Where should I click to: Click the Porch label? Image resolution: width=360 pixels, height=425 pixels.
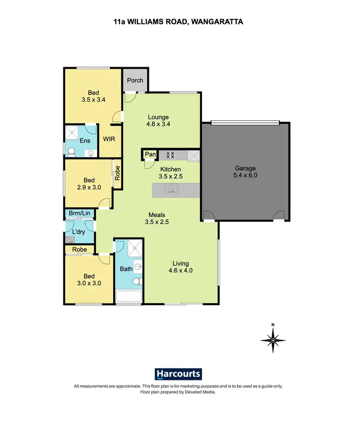pos(135,80)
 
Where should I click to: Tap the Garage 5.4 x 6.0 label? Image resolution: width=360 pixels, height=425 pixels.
pos(246,172)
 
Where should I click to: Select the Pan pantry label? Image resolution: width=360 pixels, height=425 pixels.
pos(150,154)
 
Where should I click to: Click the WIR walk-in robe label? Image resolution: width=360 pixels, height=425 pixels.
pos(109,139)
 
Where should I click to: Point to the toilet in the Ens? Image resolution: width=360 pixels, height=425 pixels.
pos(72,152)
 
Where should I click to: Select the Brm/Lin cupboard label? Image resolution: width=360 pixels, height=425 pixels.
pos(79,213)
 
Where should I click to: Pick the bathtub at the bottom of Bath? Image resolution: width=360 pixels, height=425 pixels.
pos(129,296)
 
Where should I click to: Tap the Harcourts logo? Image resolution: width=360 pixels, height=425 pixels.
pos(179,374)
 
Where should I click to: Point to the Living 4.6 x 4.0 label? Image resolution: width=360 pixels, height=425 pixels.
pos(181,267)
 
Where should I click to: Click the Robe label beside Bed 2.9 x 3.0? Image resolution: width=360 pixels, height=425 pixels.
pos(116,172)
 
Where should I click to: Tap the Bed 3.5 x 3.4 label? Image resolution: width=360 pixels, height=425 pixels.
pos(94,96)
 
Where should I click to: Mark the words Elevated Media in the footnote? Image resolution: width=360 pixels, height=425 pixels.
pos(200,392)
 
